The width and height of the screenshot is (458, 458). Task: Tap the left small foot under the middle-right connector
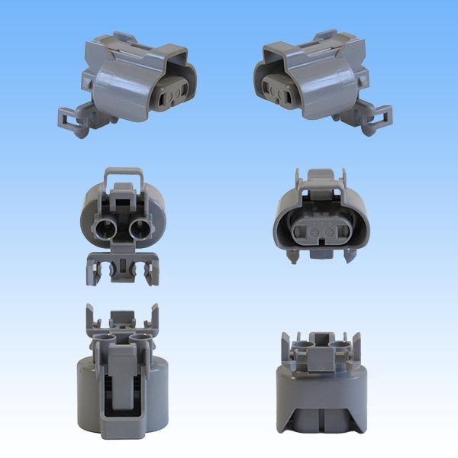tap(292, 256)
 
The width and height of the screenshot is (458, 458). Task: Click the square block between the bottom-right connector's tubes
tap(320, 343)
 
